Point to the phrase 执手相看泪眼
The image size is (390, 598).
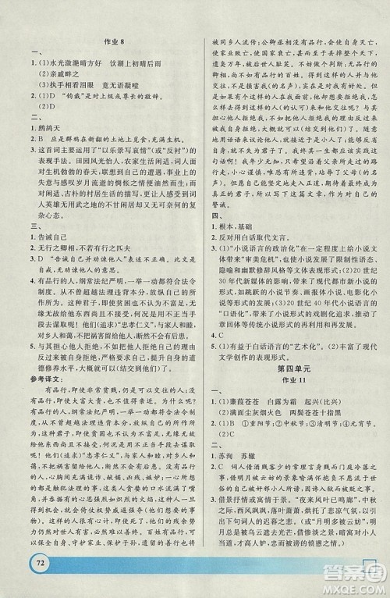(x=72, y=104)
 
